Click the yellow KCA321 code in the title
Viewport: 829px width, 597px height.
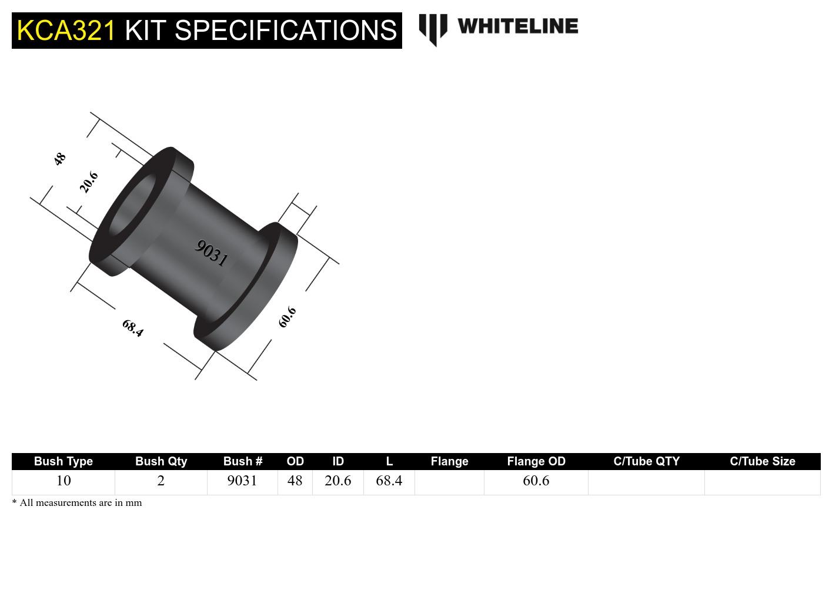(66, 31)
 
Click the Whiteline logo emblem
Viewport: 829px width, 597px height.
(433, 29)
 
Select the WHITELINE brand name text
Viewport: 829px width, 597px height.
(517, 26)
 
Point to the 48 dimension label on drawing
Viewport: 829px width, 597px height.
(59, 159)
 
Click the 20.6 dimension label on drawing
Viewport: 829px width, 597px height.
(89, 182)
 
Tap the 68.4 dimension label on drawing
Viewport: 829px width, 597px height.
(132, 328)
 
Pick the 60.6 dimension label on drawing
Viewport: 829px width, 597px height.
(287, 317)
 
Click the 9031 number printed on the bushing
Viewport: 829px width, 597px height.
(211, 253)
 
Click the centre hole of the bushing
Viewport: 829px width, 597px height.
(132, 203)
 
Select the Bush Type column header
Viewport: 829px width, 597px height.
(63, 461)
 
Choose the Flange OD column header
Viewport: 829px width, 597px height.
(536, 461)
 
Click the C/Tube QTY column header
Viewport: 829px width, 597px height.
(646, 461)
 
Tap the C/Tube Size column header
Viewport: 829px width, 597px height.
(762, 461)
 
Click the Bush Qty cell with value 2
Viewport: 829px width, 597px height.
(161, 481)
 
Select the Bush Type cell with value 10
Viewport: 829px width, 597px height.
(63, 481)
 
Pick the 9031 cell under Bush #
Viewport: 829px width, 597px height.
(242, 481)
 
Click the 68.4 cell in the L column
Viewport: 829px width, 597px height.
(389, 481)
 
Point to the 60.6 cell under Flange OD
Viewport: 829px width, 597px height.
(536, 481)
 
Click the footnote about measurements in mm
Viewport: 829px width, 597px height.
(77, 503)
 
